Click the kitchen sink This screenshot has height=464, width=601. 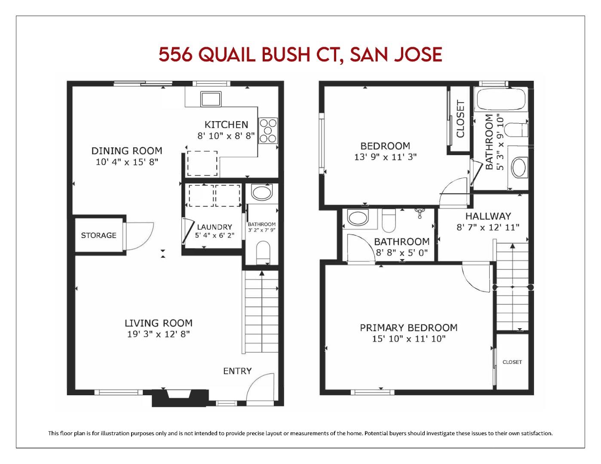click(x=211, y=99)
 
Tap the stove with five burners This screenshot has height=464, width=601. click(x=268, y=131)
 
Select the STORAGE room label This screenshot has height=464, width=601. click(x=98, y=235)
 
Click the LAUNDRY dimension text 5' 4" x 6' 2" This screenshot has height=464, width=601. click(x=215, y=235)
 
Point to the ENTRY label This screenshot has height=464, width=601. click(x=237, y=371)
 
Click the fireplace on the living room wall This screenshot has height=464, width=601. click(x=180, y=397)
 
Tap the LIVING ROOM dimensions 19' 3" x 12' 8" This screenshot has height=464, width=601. click(x=159, y=334)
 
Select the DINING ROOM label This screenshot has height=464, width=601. click(x=127, y=151)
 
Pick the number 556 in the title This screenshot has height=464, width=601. click(x=175, y=55)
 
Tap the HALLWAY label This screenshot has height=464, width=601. click(x=488, y=216)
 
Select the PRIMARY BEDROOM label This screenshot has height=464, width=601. click(x=408, y=328)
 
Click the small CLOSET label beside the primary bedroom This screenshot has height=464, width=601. click(x=512, y=362)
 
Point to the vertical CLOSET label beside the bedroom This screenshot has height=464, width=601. click(x=460, y=119)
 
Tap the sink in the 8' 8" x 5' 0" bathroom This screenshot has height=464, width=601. click(x=358, y=218)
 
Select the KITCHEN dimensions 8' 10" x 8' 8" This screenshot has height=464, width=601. click(x=226, y=136)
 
